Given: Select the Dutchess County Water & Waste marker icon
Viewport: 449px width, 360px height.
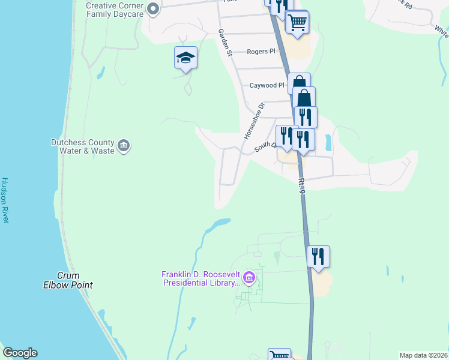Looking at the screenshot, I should [x=124, y=146].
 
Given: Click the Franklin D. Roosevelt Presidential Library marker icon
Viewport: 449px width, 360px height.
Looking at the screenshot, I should [x=250, y=278].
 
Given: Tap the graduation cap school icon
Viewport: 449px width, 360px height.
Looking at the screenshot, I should [x=185, y=58].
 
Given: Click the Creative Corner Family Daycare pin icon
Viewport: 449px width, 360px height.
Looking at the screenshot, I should [x=152, y=8].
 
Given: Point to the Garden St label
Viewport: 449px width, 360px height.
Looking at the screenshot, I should [x=225, y=43].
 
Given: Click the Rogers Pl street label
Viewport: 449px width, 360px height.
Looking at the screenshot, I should [x=261, y=52].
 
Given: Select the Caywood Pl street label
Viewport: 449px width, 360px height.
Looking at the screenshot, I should [x=267, y=86].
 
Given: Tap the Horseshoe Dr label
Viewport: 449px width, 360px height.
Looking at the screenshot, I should [x=253, y=122].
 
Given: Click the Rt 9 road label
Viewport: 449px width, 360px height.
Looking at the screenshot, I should [x=302, y=186].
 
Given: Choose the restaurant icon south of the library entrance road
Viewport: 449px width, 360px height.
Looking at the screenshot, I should [x=318, y=256].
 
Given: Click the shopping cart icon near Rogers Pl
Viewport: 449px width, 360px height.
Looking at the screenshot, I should [x=297, y=22].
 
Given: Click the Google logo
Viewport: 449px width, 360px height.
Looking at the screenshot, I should [x=20, y=353].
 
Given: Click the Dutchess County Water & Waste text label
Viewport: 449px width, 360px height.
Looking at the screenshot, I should [x=82, y=146].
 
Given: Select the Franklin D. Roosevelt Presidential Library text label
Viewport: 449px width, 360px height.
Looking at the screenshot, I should [x=200, y=278].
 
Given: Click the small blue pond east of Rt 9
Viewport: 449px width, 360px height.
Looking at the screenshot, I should [x=327, y=143].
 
